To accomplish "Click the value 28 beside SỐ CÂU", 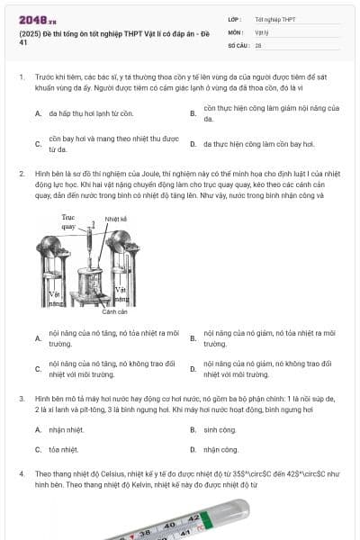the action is (x=258, y=44).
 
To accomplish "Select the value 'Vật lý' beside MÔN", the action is (x=262, y=31).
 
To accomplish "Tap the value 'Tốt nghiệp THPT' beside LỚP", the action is (x=274, y=19).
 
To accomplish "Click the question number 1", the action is (x=21, y=78).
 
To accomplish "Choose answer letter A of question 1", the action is (x=38, y=114).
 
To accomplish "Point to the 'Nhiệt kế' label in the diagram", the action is (x=114, y=219).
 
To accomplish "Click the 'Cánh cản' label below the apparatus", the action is (x=114, y=311).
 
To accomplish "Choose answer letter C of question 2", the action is (x=38, y=369).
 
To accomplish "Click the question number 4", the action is (x=21, y=472).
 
